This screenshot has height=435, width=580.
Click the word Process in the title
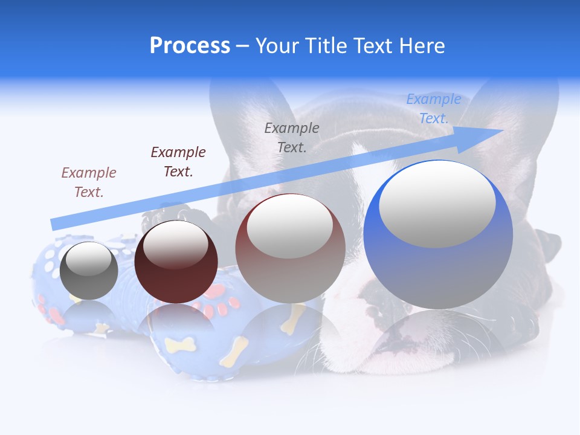coord(190,46)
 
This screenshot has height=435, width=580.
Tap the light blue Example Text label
coord(434,109)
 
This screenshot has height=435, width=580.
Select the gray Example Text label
coord(292,137)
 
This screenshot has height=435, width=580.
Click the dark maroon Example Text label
coord(178,161)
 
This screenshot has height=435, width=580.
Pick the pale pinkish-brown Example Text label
coord(89,182)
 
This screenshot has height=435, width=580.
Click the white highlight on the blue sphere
coord(437,204)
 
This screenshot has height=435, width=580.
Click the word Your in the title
coord(279,46)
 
